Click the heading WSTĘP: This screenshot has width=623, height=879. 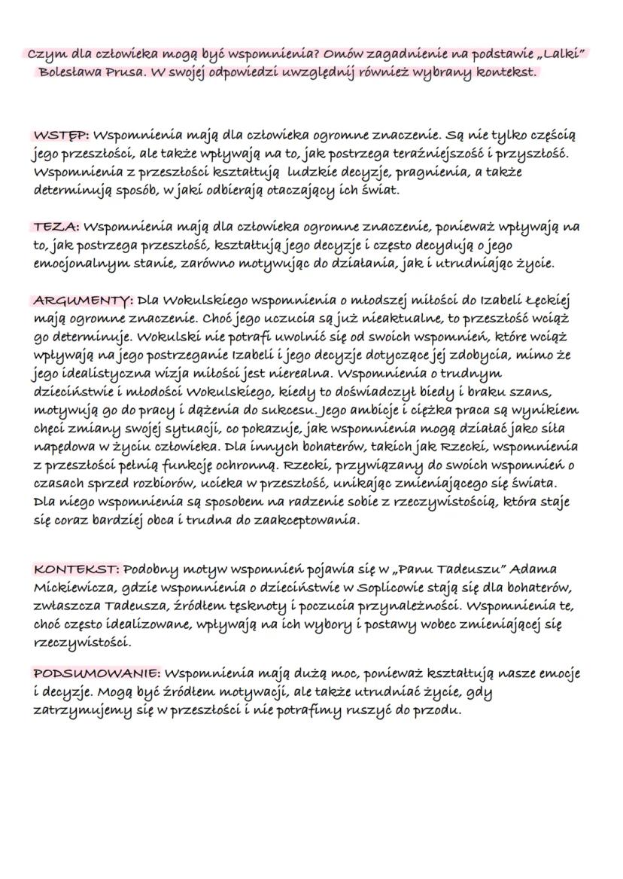[x=62, y=136]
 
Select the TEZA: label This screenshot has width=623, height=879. [x=56, y=226]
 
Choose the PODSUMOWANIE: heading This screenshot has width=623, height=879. [x=96, y=673]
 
